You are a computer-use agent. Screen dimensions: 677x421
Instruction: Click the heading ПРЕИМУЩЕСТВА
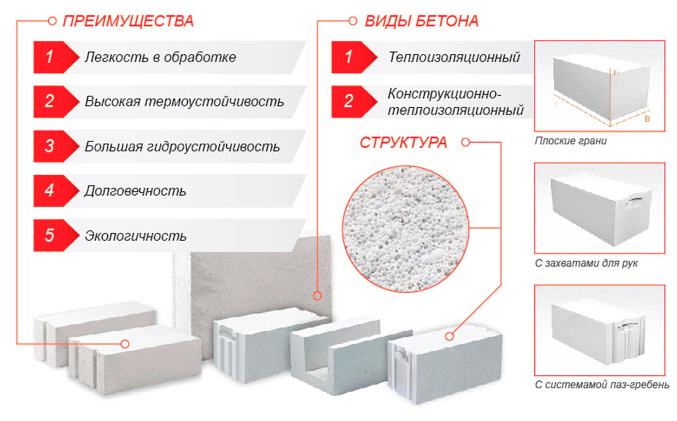128,21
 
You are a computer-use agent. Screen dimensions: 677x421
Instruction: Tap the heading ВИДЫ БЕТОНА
421,21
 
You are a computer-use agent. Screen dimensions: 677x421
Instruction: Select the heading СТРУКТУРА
403,143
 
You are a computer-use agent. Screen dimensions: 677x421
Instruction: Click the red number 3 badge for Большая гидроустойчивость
56,147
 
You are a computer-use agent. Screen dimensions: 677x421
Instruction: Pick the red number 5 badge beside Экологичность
56,236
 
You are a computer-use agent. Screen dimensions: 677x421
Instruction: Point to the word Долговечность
135,191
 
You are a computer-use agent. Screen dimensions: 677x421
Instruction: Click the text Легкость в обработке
160,57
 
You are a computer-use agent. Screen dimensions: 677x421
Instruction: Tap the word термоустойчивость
214,101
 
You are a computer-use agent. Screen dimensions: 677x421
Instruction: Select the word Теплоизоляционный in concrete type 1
454,57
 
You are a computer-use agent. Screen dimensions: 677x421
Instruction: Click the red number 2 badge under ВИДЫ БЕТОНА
354,101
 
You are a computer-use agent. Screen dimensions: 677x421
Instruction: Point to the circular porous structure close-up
406,229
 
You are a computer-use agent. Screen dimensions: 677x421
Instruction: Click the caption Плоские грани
570,141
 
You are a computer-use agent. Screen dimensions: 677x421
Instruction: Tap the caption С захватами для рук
586,263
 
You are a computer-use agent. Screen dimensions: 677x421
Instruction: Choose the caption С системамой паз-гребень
602,385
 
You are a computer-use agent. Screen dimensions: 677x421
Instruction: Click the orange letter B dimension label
647,119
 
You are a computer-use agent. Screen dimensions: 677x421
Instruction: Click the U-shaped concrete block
350,356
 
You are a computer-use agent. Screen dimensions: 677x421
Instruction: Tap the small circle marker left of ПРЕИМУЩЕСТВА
52,21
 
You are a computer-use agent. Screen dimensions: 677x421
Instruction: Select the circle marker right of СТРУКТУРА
466,142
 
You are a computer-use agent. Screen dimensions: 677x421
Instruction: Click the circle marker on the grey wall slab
317,296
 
